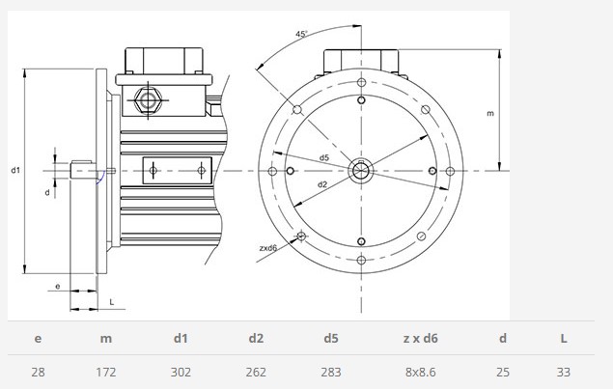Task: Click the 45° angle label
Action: pyautogui.click(x=301, y=34)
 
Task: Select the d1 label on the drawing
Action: pyautogui.click(x=15, y=170)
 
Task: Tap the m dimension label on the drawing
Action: pyautogui.click(x=490, y=113)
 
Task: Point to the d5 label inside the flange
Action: pyautogui.click(x=324, y=157)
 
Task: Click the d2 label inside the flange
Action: pyautogui.click(x=322, y=184)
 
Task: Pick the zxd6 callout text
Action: pyautogui.click(x=268, y=248)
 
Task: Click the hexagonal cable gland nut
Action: pyautogui.click(x=148, y=100)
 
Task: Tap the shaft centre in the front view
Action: pyautogui.click(x=361, y=171)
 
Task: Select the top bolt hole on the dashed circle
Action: pyautogui.click(x=362, y=82)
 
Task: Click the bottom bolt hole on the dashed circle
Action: pyautogui.click(x=362, y=260)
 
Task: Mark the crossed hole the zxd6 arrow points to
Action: pyautogui.click(x=301, y=236)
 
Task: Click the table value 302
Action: pyautogui.click(x=181, y=372)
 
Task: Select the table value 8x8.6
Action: pyautogui.click(x=420, y=372)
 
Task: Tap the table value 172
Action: pyautogui.click(x=106, y=372)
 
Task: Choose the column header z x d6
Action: pyautogui.click(x=420, y=338)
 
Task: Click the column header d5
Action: pyautogui.click(x=331, y=338)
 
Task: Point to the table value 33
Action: pyautogui.click(x=564, y=372)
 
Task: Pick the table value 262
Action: pyautogui.click(x=256, y=372)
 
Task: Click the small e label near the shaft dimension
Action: pyautogui.click(x=58, y=286)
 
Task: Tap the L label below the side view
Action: pyautogui.click(x=112, y=302)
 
